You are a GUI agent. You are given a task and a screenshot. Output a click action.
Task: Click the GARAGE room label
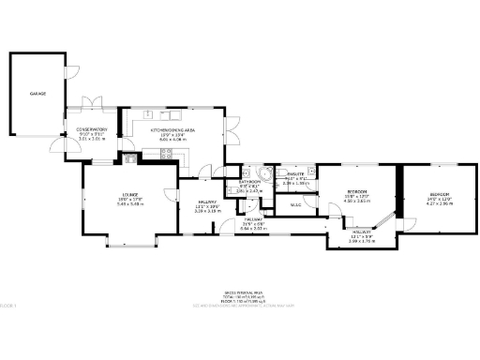click(x=37, y=94)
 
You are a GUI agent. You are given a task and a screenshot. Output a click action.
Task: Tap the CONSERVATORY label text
click(x=92, y=129)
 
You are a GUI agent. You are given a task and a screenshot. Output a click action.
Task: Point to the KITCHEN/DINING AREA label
click(x=172, y=129)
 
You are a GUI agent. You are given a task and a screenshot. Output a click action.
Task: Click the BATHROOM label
click(x=248, y=183)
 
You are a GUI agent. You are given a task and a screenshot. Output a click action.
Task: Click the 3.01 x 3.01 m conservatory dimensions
click(x=92, y=140)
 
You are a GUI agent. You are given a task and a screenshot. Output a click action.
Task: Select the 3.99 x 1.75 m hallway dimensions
click(x=362, y=242)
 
